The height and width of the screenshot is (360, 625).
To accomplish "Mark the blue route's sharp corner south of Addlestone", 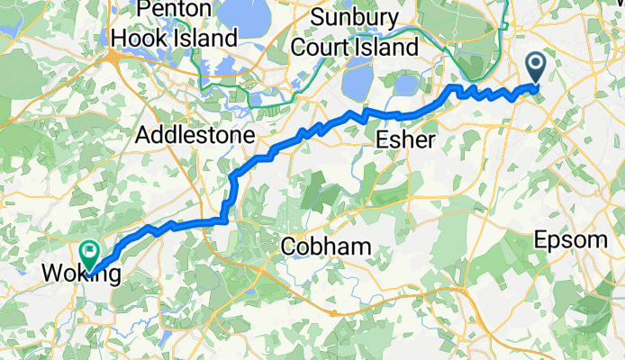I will tap(224, 216).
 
